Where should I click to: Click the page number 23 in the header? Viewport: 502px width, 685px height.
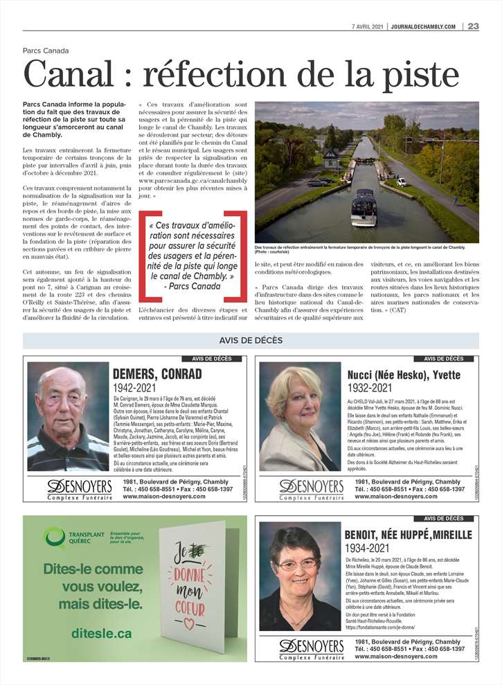tap(473, 26)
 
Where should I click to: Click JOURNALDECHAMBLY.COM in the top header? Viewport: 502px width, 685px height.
tap(423, 26)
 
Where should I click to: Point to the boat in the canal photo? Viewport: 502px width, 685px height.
tap(364, 207)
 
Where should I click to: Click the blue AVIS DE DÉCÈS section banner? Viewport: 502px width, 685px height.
tap(251, 340)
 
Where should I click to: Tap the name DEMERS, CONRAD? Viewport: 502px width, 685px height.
tap(157, 375)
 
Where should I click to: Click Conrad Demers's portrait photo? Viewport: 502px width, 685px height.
tap(68, 416)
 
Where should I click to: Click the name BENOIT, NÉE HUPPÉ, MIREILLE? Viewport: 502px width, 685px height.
tap(408, 535)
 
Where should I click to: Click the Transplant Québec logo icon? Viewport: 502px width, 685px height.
tap(55, 536)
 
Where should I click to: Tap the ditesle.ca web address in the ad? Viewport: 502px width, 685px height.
tap(101, 633)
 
